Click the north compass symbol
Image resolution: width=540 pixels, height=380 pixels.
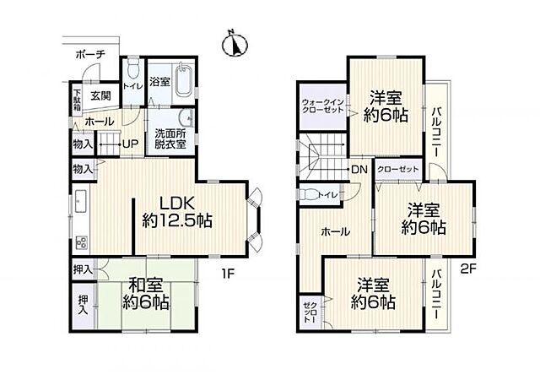235,45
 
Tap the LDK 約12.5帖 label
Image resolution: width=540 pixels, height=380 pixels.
177,211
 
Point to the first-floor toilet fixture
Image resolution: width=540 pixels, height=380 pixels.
132,68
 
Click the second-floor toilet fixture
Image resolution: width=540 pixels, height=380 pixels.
307,193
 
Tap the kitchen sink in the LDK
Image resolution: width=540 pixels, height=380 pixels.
81,201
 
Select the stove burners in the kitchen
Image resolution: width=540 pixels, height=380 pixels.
83,242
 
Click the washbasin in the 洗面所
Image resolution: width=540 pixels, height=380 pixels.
186,119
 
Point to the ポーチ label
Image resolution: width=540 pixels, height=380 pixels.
90,55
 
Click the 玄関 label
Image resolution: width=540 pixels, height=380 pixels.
101,95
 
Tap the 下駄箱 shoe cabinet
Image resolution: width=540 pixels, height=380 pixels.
77,100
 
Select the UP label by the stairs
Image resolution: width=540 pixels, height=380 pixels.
131,144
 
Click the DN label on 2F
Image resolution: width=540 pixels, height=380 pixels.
359,169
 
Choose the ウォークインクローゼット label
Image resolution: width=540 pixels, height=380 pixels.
322,106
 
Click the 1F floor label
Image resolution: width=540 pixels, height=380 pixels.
228,274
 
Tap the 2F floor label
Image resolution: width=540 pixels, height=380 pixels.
468,269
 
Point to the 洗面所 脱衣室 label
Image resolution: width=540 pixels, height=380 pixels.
170,139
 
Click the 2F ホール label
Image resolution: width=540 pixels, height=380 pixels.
336,231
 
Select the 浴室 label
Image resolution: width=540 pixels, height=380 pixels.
159,82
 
